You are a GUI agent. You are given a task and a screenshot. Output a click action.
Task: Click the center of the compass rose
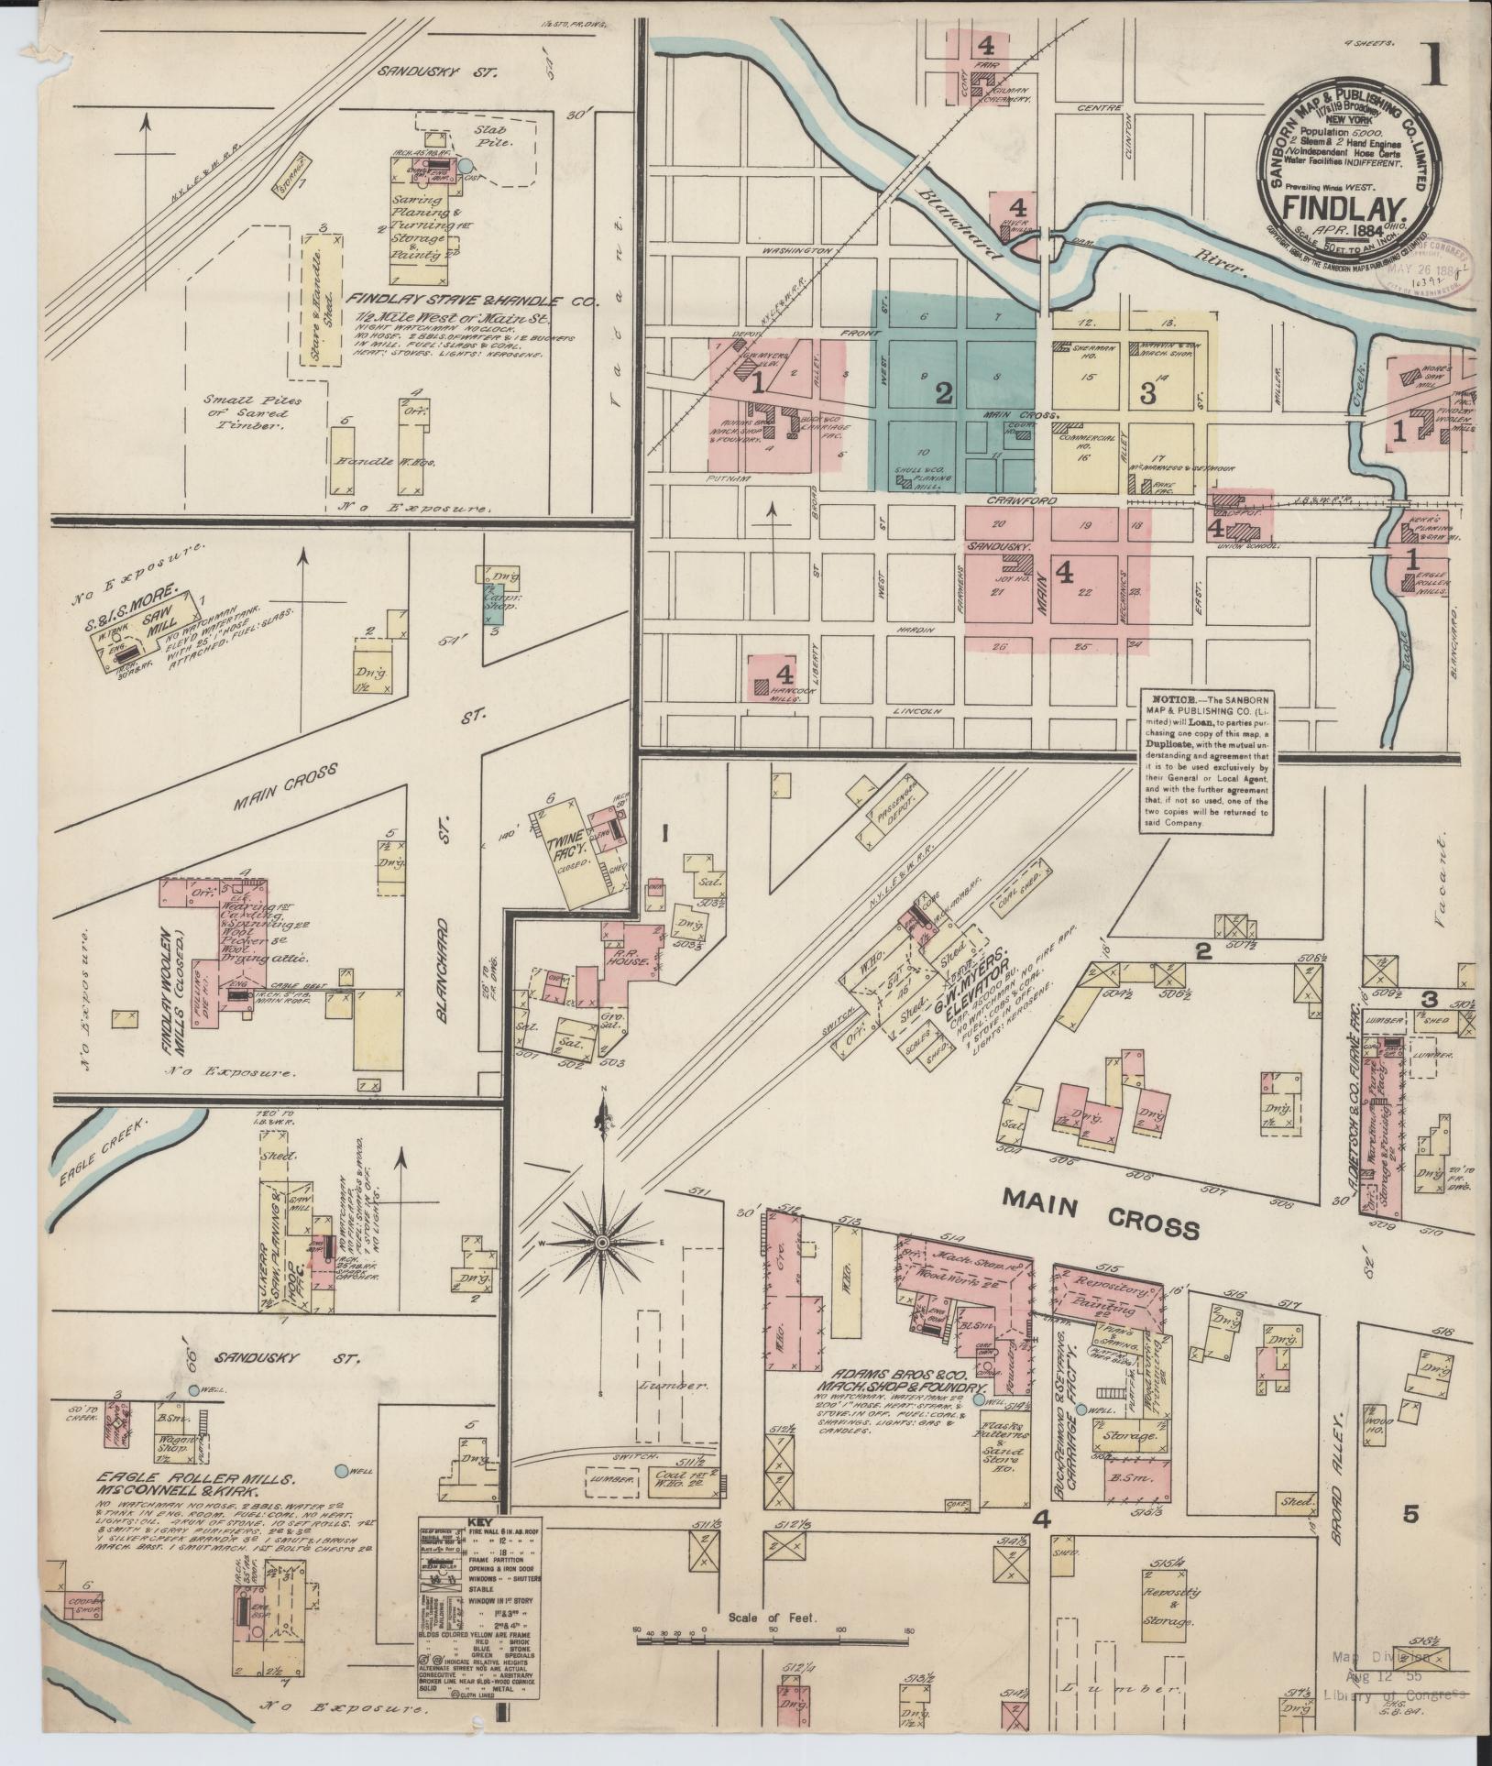pyautogui.click(x=602, y=1242)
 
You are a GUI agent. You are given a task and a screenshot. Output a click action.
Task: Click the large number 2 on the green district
pyautogui.click(x=944, y=392)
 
